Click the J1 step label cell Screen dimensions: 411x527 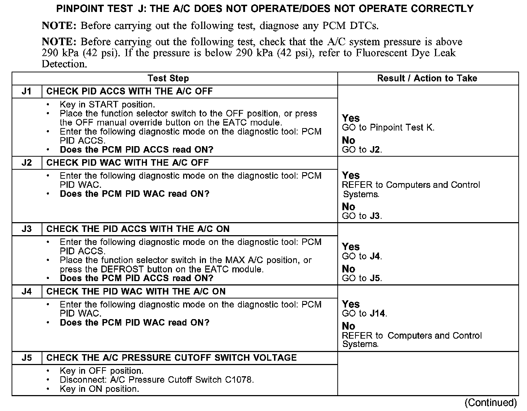pyautogui.click(x=27, y=92)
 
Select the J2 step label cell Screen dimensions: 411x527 pyautogui.click(x=27, y=163)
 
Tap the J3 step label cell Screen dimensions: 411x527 pyautogui.click(x=27, y=229)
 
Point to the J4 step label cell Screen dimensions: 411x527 pyautogui.click(x=27, y=292)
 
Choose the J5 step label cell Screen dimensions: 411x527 pyautogui.click(x=27, y=358)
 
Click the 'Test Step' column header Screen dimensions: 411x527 pyautogui.click(x=168, y=79)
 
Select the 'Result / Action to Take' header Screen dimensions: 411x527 pyautogui.click(x=427, y=79)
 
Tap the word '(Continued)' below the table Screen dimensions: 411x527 pyautogui.click(x=490, y=403)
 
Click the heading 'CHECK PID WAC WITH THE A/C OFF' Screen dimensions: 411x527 pyautogui.click(x=127, y=163)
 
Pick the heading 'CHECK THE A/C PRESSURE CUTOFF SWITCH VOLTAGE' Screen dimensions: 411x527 pyautogui.click(x=172, y=358)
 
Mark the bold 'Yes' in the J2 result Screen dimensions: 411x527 pyautogui.click(x=351, y=176)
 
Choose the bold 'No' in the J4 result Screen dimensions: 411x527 pyautogui.click(x=349, y=326)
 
